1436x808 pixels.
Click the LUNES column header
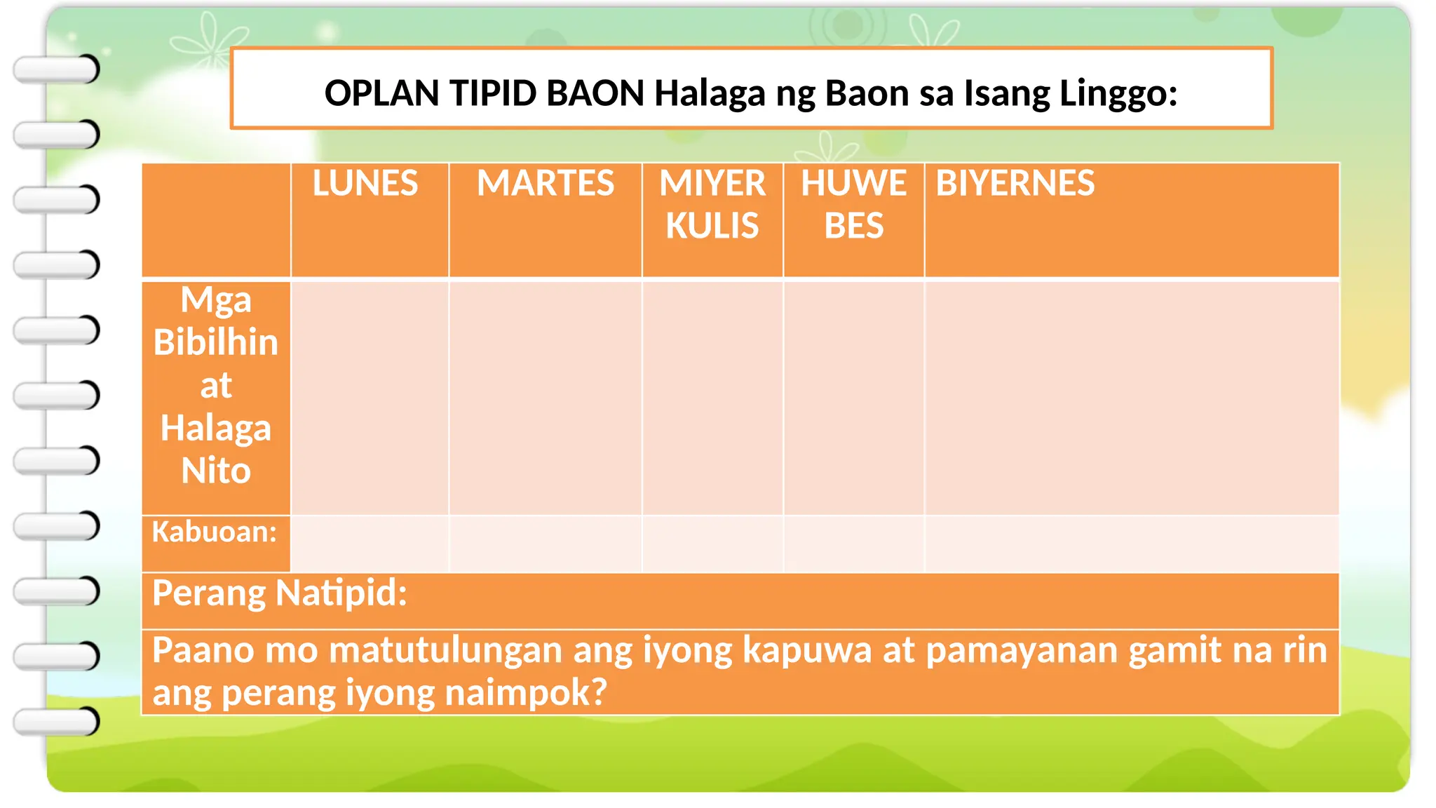tap(365, 184)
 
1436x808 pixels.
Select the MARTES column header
tap(546, 184)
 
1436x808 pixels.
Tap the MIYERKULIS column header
tap(712, 205)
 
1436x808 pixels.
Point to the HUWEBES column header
tap(854, 205)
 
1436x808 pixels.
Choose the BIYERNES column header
tap(1015, 184)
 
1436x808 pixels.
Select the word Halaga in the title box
tap(709, 93)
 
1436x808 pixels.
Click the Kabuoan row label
tap(215, 532)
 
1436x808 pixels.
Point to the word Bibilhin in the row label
tap(216, 343)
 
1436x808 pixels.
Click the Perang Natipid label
tap(280, 593)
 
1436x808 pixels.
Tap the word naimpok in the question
tap(526, 693)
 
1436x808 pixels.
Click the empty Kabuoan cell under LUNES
tap(370, 544)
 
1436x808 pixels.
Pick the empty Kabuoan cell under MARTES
tap(546, 544)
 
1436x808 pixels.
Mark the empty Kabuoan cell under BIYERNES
tap(1132, 544)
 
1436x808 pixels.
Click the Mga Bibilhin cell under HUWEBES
tap(854, 398)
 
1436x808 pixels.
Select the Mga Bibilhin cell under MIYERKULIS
tap(712, 398)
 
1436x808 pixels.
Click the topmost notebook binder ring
tap(57, 69)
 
